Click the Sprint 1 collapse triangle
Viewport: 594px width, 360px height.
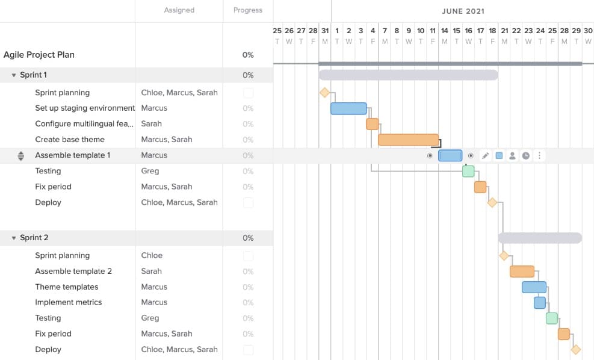tap(14, 75)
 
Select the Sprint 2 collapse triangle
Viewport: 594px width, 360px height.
tap(14, 238)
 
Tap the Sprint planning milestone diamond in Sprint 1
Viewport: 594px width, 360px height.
tap(324, 93)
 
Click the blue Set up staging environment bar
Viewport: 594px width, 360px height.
tap(348, 108)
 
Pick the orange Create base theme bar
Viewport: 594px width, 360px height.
tap(408, 140)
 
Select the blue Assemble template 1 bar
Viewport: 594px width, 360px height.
tap(450, 155)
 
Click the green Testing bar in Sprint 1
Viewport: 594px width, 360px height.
tap(468, 171)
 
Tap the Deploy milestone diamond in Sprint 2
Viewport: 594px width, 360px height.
tap(575, 349)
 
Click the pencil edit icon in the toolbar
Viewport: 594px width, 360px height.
tap(485, 155)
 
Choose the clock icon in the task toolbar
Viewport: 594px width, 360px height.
tap(525, 155)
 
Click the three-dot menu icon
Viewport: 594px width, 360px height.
tap(539, 155)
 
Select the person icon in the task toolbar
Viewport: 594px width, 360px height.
tap(512, 155)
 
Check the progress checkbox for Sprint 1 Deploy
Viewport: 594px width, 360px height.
tap(248, 203)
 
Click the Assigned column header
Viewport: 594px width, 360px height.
tap(179, 10)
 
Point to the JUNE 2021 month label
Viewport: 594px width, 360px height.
tap(463, 11)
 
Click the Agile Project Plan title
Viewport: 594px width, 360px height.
tap(39, 55)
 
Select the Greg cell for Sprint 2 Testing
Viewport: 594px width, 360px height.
tap(150, 318)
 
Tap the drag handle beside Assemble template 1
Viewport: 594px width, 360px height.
tap(21, 155)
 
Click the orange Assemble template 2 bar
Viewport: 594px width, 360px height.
tap(522, 272)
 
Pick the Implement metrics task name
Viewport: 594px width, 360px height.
tap(69, 302)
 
